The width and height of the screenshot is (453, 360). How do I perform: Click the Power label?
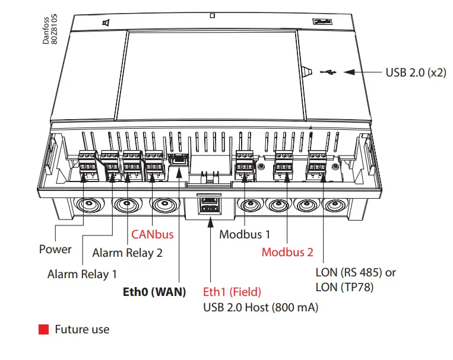point(55,249)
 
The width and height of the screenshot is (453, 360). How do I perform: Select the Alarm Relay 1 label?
point(82,274)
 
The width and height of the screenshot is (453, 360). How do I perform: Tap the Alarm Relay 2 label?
point(127,253)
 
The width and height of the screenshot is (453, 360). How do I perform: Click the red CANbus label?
point(153,234)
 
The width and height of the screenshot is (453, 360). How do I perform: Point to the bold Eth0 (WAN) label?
point(154,292)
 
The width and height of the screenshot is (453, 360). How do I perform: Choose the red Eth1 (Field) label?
point(232,292)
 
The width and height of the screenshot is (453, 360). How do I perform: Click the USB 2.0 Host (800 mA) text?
point(260,307)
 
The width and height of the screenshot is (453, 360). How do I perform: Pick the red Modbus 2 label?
point(287,252)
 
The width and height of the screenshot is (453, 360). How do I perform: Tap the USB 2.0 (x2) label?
point(416,72)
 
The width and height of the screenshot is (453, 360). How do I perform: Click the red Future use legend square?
point(43,329)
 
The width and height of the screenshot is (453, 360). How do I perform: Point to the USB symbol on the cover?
point(328,72)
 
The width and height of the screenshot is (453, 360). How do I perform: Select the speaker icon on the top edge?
point(105,23)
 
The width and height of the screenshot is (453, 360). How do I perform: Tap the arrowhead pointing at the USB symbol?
point(348,72)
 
